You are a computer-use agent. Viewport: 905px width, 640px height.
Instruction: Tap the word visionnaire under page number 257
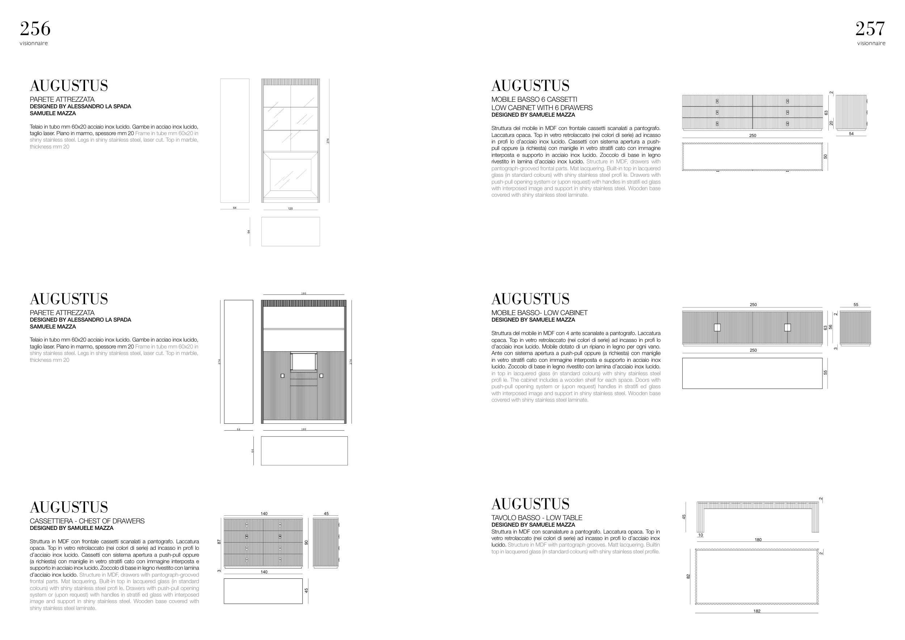(x=871, y=43)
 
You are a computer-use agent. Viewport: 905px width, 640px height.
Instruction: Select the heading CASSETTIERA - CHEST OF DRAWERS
(x=87, y=521)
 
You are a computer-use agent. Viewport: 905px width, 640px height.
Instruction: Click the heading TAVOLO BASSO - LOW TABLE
(x=536, y=518)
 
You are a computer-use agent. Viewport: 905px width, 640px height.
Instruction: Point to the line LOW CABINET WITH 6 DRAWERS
(x=542, y=108)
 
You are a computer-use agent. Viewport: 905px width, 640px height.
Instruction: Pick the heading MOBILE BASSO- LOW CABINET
(x=539, y=313)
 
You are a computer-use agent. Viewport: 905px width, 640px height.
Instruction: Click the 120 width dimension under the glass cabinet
(x=290, y=209)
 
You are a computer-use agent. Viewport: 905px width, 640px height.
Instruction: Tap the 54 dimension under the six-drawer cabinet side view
(x=851, y=134)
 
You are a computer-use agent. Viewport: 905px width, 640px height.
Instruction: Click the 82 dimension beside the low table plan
(x=688, y=577)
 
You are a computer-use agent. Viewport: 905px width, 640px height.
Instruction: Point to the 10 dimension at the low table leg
(x=700, y=535)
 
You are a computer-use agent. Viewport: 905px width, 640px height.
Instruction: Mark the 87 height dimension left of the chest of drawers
(x=219, y=542)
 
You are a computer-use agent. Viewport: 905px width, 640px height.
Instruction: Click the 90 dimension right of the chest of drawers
(x=306, y=543)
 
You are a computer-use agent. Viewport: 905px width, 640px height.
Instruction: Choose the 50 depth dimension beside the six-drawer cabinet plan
(x=825, y=156)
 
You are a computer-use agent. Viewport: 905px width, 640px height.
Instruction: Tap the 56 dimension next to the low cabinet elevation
(x=830, y=327)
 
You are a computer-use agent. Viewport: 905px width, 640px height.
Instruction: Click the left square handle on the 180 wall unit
(x=283, y=376)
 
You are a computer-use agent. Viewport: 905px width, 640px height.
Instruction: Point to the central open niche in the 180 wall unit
(x=303, y=361)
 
